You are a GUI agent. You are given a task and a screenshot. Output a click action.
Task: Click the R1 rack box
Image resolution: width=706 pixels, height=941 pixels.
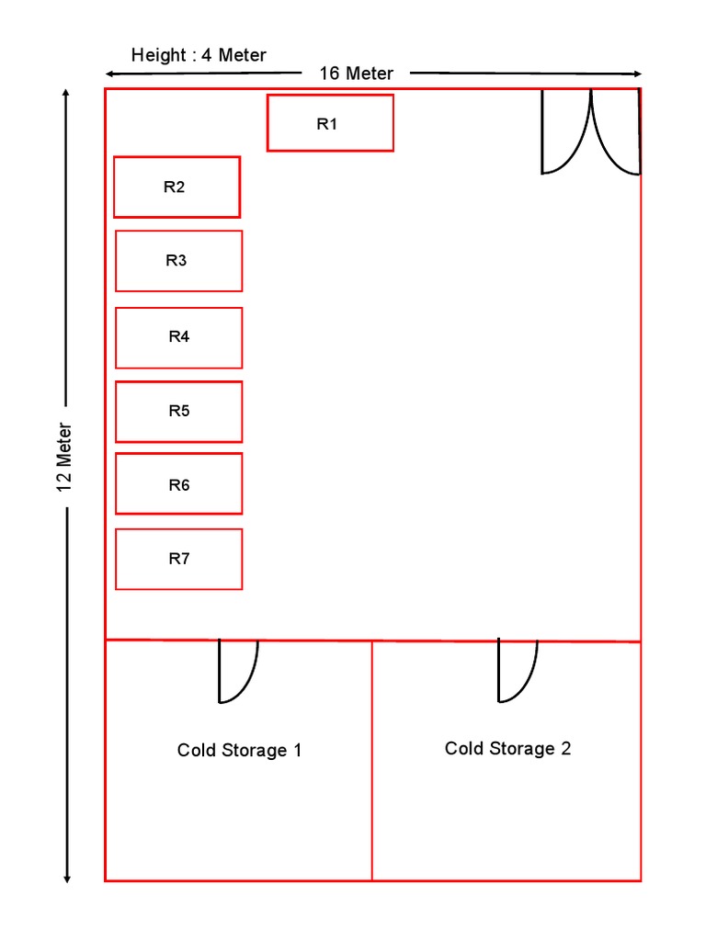[x=330, y=123]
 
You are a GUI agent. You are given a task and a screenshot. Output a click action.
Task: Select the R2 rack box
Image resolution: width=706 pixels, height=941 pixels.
[x=176, y=187]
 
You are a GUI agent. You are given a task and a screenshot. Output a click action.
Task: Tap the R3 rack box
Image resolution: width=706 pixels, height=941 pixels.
[x=178, y=261]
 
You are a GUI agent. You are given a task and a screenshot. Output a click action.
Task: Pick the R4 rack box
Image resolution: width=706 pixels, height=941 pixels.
[x=178, y=337]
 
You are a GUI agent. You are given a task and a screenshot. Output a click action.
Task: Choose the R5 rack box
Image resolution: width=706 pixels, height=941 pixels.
[x=178, y=412]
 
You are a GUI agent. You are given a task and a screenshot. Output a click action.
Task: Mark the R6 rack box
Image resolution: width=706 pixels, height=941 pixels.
[x=178, y=483]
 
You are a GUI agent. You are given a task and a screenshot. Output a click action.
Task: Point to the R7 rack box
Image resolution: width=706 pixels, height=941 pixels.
[x=178, y=559]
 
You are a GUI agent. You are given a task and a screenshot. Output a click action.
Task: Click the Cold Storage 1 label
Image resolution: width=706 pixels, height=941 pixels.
[x=239, y=751]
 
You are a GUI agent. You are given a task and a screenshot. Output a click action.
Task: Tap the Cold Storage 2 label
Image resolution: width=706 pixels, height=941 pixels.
[x=507, y=749]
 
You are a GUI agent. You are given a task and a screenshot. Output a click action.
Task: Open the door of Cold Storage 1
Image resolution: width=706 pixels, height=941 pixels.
[x=236, y=671]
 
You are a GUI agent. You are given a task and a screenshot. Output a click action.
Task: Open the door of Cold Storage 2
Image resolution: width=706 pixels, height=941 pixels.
[x=516, y=671]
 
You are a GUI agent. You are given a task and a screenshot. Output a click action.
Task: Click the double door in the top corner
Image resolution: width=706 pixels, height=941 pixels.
[x=591, y=132]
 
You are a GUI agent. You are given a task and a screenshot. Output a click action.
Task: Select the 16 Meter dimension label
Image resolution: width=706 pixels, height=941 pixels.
[x=356, y=74]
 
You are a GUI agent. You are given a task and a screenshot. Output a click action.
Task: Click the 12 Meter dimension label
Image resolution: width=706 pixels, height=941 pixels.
[x=65, y=458]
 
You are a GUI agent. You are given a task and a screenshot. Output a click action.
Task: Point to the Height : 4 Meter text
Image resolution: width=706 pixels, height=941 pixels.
[x=199, y=55]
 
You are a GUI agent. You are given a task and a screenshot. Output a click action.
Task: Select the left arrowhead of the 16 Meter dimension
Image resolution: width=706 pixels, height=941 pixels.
[x=109, y=73]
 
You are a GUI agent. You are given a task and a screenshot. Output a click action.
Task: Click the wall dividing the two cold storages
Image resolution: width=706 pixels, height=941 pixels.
[x=372, y=761]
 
